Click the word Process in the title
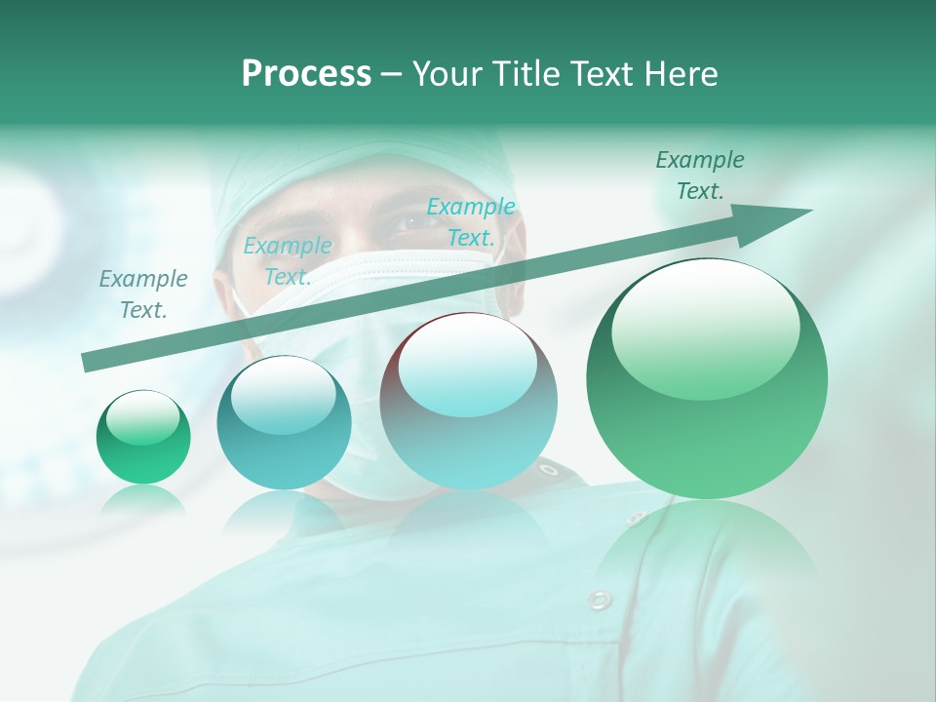tap(306, 74)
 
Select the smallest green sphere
tap(143, 437)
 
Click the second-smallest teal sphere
tap(284, 422)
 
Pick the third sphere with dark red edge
tap(468, 401)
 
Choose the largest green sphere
tap(707, 378)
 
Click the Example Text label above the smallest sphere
tap(143, 294)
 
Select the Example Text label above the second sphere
tap(287, 261)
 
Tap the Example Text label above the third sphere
tap(471, 221)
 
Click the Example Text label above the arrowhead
tap(699, 175)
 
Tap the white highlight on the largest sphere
tap(704, 317)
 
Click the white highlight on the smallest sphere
tap(142, 418)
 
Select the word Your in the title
tap(448, 74)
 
